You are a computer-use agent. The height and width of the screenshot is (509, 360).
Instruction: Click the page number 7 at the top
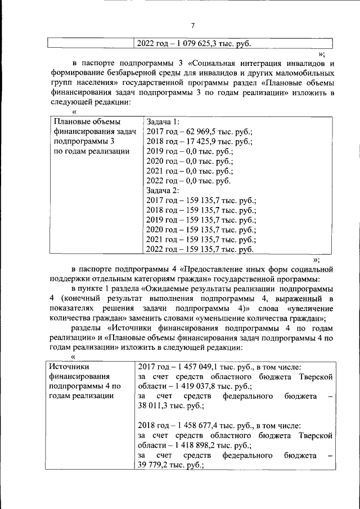192,26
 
